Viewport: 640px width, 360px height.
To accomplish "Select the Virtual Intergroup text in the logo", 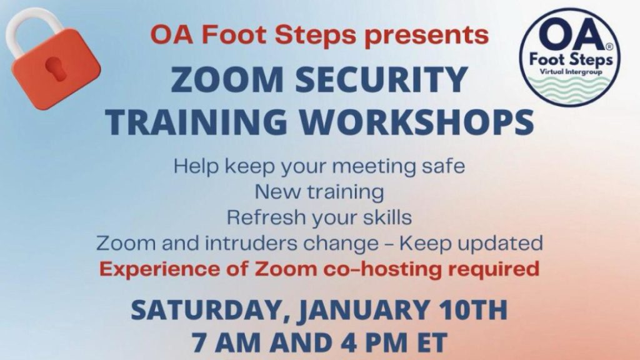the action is tap(571, 72).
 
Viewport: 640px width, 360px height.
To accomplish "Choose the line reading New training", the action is tap(319, 192).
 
